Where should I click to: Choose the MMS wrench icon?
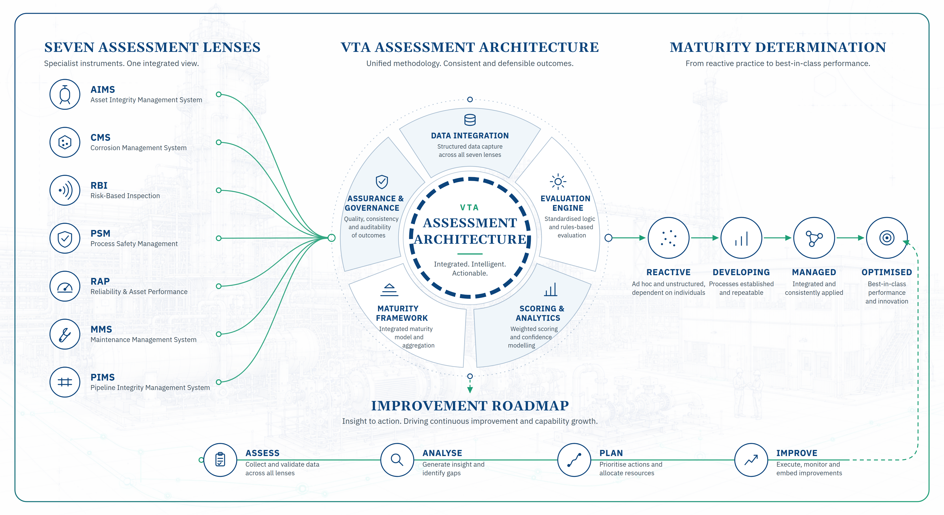pos(65,334)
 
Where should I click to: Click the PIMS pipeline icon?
pos(65,382)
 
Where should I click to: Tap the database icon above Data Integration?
pos(470,120)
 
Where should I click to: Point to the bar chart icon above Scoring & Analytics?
pos(551,289)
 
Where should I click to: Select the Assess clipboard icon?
pos(220,460)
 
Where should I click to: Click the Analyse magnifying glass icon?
pos(397,460)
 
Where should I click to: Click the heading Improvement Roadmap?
pos(470,406)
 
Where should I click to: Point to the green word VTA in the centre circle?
pos(469,208)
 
